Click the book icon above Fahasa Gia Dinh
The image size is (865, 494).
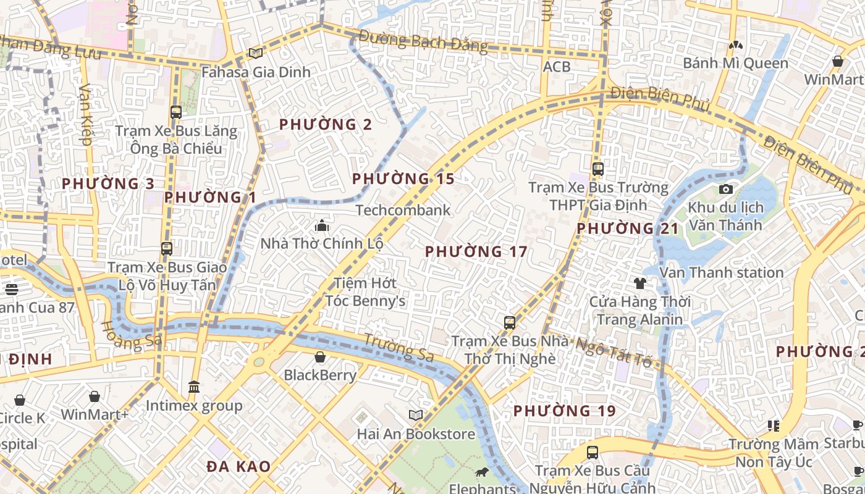click(x=255, y=54)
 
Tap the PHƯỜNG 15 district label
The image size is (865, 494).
click(x=403, y=179)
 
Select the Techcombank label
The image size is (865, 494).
click(x=403, y=210)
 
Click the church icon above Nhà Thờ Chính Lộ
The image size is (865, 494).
click(x=321, y=225)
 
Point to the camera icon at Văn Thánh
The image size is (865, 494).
click(x=726, y=189)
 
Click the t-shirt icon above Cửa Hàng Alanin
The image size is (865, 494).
click(x=639, y=283)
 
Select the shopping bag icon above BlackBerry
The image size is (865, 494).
click(x=320, y=357)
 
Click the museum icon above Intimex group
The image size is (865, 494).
click(x=194, y=387)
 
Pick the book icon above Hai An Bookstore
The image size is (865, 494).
click(x=416, y=416)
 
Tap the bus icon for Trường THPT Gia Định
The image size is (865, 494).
click(x=597, y=169)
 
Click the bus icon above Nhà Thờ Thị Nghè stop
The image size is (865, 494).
click(x=509, y=322)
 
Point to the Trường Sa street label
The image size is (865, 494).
click(x=399, y=348)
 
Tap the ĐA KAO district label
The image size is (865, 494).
click(x=238, y=466)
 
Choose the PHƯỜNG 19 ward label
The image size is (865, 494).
click(x=564, y=411)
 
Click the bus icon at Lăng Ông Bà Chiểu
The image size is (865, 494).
click(x=176, y=112)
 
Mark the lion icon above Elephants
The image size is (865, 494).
click(x=481, y=473)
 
